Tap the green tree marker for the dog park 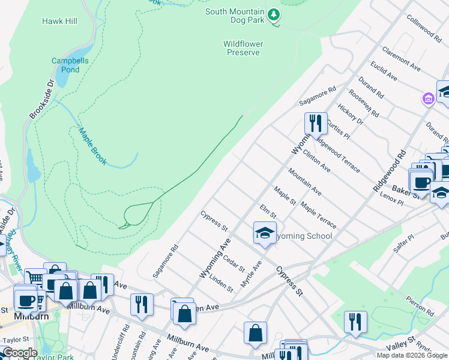[274, 13]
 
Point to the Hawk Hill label [59, 21]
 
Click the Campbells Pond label [65, 65]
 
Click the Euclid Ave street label [384, 71]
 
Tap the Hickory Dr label [351, 113]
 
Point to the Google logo [20, 353]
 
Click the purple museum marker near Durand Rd [428, 98]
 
